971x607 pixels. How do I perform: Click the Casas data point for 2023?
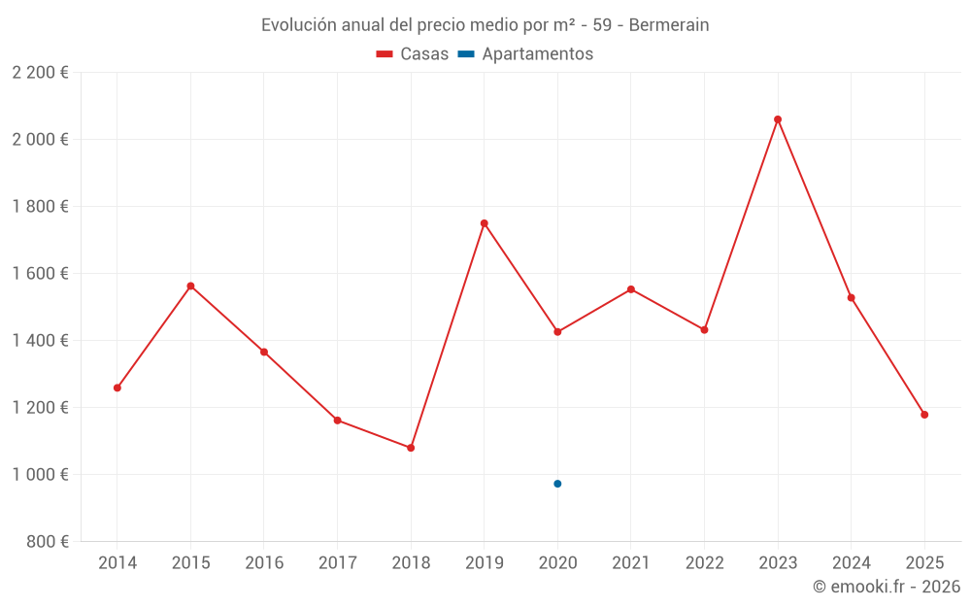tap(778, 119)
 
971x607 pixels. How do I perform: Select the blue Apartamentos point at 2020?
tap(557, 484)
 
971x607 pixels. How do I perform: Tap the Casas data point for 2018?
tap(411, 448)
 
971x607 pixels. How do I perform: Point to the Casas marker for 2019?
tap(484, 223)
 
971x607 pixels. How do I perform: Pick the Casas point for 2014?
tap(117, 388)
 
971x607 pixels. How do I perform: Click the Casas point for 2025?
tap(924, 415)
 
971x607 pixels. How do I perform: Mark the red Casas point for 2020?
tap(557, 332)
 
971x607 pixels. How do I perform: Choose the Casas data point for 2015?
tap(190, 286)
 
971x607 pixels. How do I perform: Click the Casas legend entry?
tap(413, 54)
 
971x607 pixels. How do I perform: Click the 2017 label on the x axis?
tap(337, 563)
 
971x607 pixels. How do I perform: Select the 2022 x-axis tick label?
tap(704, 563)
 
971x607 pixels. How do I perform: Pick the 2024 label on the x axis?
tap(851, 563)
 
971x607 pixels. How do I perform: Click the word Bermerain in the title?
tap(668, 25)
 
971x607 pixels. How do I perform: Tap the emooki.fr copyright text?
tap(886, 587)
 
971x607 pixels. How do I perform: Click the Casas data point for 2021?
tap(631, 289)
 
